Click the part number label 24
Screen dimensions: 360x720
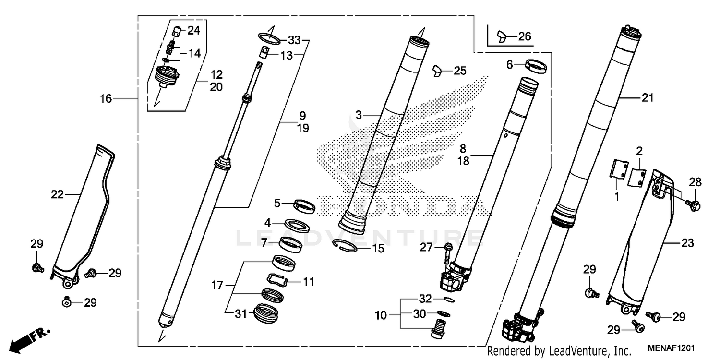[193, 31]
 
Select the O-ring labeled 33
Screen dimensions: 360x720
[269, 38]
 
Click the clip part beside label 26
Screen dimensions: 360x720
[502, 36]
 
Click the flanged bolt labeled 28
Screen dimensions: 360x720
[695, 205]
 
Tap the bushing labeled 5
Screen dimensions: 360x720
[304, 205]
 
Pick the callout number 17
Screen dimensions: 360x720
[217, 286]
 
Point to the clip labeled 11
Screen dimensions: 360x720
[276, 279]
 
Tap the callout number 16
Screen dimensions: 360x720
[106, 99]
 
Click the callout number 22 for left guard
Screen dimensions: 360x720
[58, 194]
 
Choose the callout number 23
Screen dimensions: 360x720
[687, 243]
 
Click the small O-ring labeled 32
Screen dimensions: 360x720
[447, 300]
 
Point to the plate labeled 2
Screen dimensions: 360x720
[636, 177]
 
